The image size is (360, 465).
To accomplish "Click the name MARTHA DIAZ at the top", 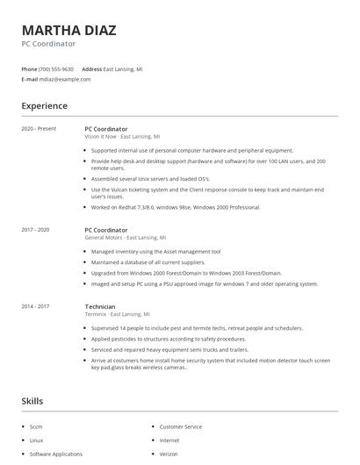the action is pos(68,31).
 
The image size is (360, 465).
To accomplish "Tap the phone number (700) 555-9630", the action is pos(56,68).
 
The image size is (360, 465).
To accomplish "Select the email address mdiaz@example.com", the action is pos(64,79).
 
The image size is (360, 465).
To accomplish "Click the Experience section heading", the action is pos(44,106).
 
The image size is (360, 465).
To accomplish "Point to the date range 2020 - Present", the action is pos(39,129).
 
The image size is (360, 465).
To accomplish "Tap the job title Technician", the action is pos(100,306).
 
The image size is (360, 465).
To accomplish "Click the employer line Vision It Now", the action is pos(122,137).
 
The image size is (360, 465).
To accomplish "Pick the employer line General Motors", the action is pos(125,238).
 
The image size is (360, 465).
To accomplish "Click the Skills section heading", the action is pos(32,401).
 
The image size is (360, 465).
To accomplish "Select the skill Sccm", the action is pos(37,426).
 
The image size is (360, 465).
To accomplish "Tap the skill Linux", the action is pos(36,440).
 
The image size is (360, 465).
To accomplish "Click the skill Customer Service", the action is pos(180,426).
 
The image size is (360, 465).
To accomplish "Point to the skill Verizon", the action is pos(169,454).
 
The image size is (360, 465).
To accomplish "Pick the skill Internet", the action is pos(169,440).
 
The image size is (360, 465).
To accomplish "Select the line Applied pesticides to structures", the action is pos(169,339).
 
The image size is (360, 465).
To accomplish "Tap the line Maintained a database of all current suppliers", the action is pos(148,262).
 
